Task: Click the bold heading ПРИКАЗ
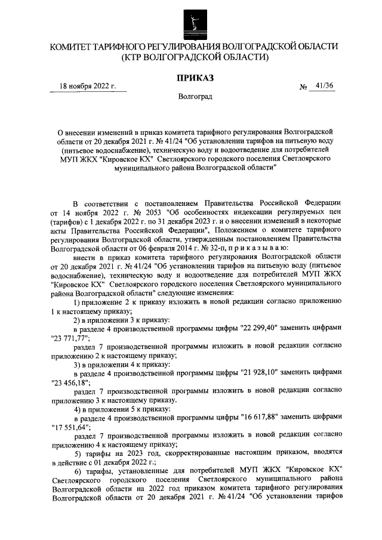pos(194,77)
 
